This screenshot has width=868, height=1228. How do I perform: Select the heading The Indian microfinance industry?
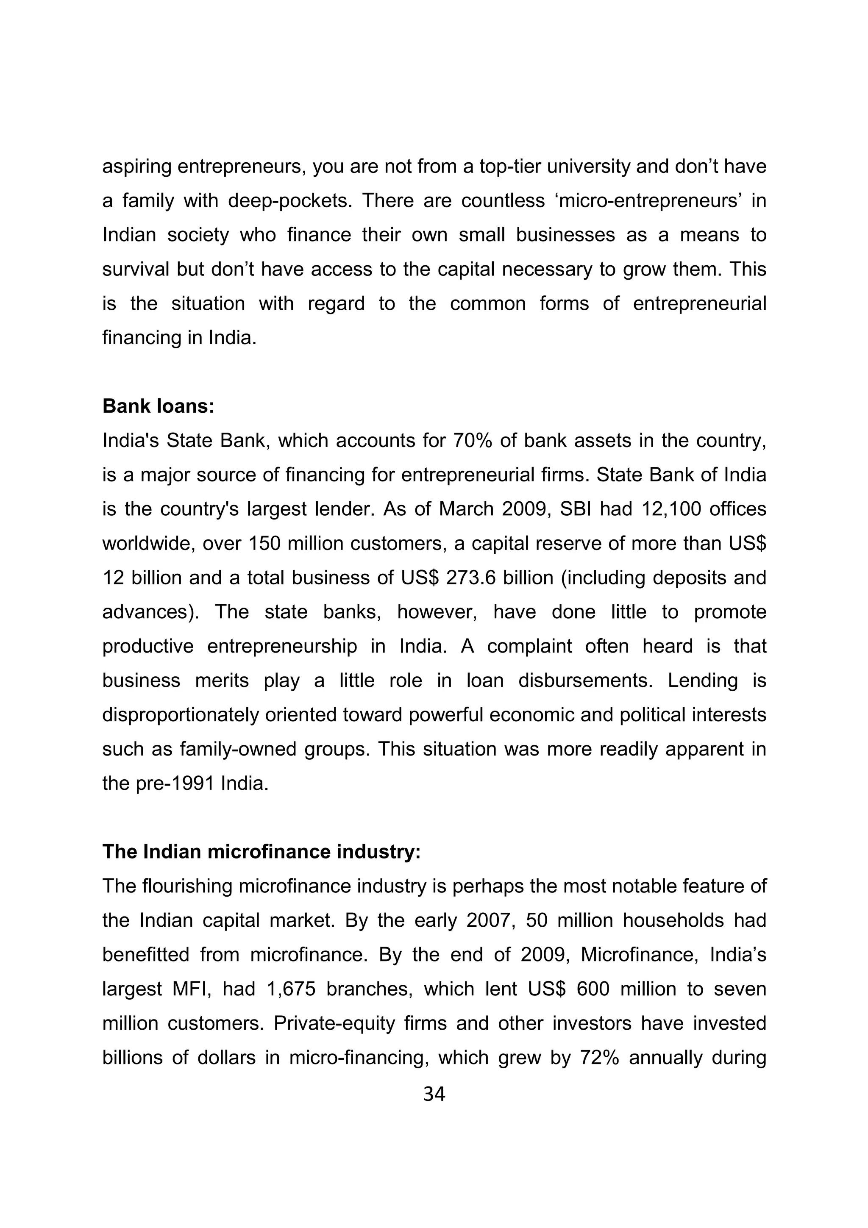(262, 851)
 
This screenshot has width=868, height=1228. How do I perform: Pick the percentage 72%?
(599, 1057)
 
